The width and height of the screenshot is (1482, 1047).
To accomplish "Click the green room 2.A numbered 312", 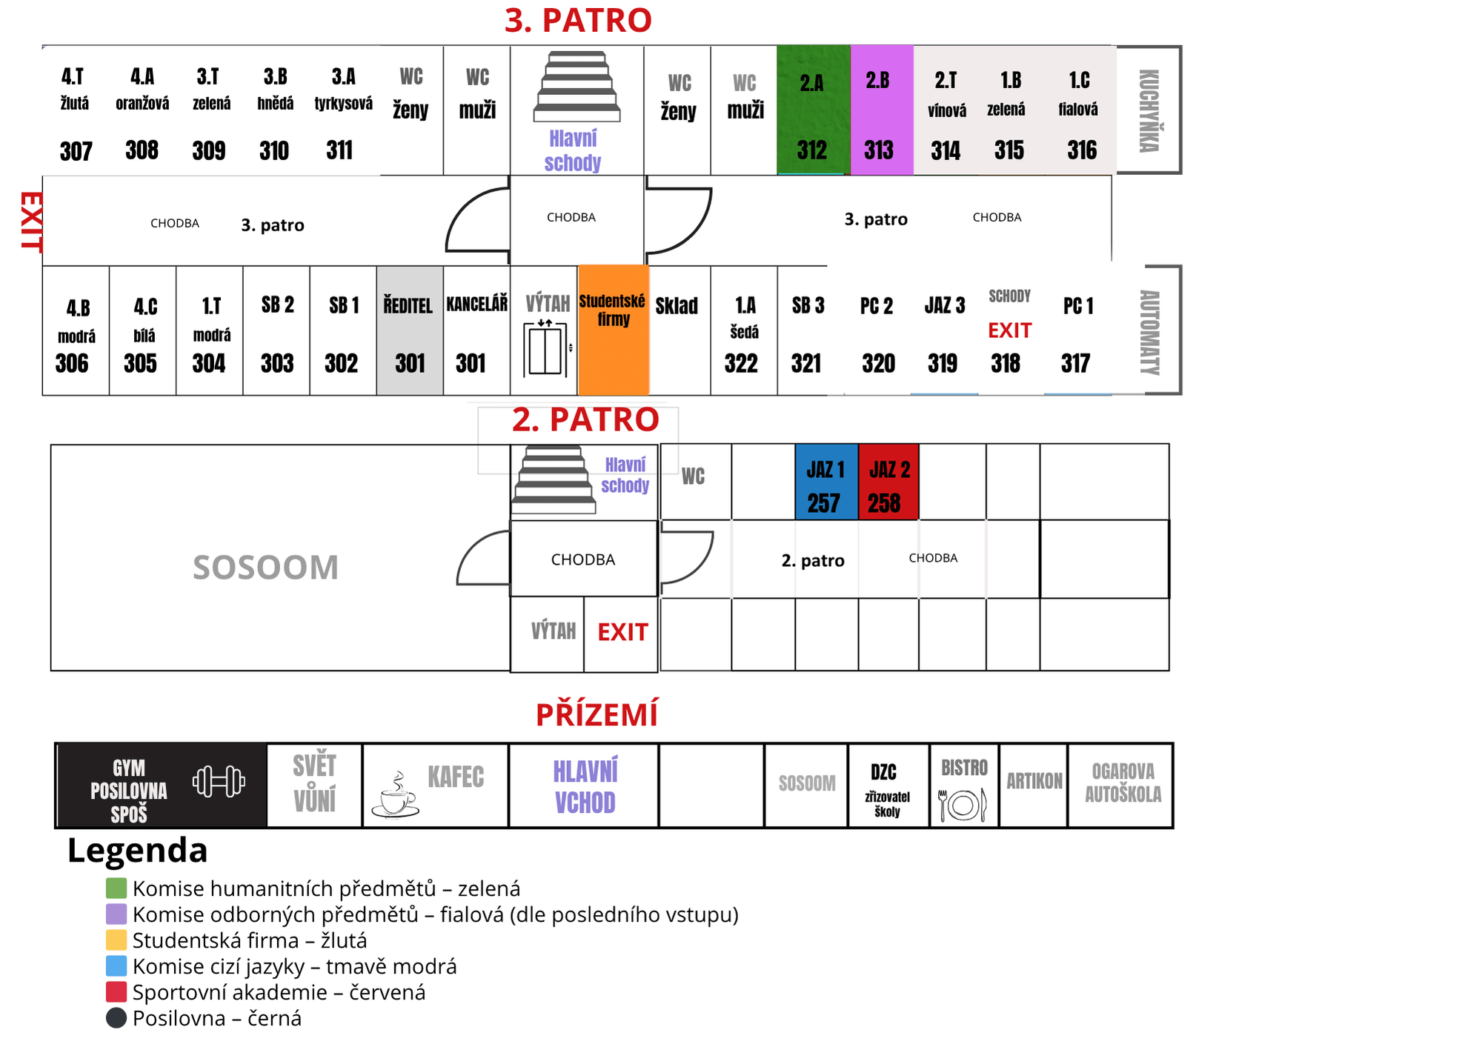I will coord(813,111).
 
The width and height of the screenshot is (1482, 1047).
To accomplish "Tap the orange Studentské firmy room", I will coord(614,330).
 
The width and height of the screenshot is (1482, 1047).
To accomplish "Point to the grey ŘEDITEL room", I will coord(410,330).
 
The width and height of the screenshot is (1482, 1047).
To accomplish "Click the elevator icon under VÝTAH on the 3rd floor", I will coord(545,348).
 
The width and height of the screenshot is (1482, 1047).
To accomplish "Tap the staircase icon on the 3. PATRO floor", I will coord(576,86).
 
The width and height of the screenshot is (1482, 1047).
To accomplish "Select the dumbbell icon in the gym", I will coord(219,782).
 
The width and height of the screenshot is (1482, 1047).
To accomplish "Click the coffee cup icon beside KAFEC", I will coord(396,796).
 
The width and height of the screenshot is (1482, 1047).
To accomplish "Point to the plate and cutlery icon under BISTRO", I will coord(963,804).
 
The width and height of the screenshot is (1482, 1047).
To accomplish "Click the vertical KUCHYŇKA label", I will coord(1149,111).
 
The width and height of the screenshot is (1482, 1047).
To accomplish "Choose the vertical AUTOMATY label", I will coord(1149,331).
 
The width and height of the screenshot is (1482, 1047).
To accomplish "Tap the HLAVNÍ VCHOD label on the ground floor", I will coord(585,786).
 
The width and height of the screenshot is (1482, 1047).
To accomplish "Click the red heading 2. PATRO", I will coord(585,420).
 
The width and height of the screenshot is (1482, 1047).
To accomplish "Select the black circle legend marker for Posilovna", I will coord(116,1018).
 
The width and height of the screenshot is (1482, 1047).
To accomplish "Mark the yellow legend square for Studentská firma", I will coord(116,940).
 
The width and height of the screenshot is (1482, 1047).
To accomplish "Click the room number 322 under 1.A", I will coord(741,364).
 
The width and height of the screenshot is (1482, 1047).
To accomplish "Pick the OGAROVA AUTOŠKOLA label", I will coord(1123,782).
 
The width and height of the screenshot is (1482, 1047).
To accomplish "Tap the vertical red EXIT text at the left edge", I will coord(31,222).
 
